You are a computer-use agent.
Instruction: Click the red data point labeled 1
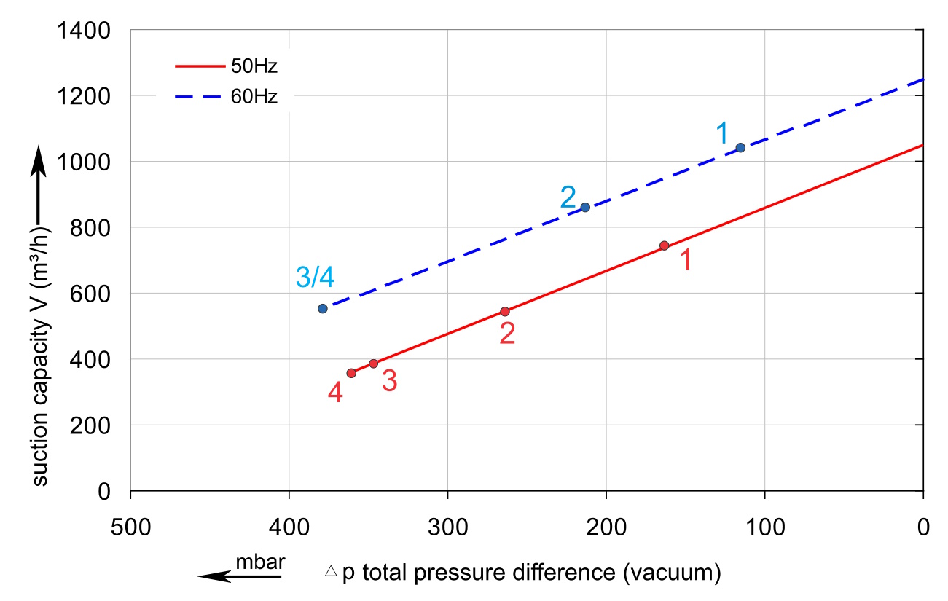(664, 245)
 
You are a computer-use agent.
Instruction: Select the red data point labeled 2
(504, 312)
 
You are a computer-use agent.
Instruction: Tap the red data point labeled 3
(373, 364)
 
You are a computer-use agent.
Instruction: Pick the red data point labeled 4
(351, 373)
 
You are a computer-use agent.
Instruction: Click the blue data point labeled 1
(740, 148)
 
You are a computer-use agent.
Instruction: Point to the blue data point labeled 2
(585, 208)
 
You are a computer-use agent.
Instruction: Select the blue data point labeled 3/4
(323, 308)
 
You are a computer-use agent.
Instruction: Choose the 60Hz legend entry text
(254, 96)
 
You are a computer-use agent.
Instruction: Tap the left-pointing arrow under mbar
(239, 577)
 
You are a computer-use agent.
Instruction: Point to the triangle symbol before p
(331, 572)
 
